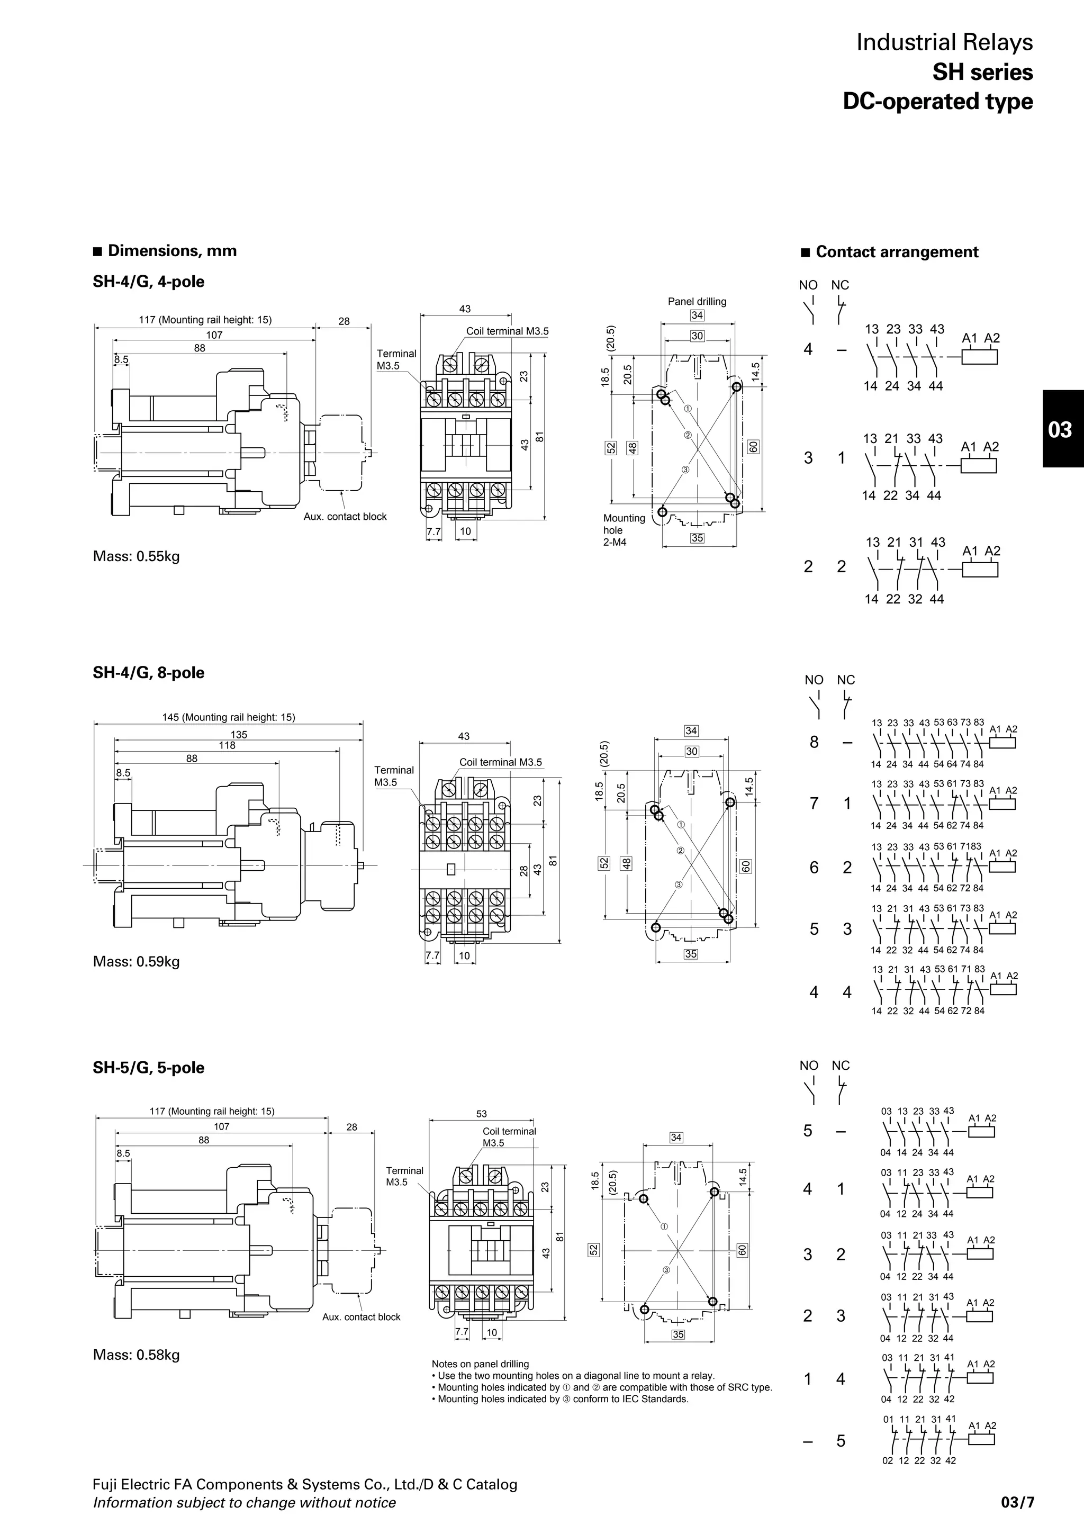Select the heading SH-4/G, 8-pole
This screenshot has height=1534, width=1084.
[148, 673]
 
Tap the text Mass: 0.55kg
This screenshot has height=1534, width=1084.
[136, 556]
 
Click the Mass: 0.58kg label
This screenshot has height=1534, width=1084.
[136, 1355]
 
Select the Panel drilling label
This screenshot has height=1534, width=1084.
[697, 301]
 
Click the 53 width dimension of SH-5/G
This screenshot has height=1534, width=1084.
[482, 1114]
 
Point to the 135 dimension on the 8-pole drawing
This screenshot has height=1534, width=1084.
[238, 734]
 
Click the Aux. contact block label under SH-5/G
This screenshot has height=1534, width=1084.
[362, 1317]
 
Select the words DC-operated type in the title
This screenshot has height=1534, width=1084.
[938, 102]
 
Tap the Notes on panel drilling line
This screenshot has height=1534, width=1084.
[480, 1364]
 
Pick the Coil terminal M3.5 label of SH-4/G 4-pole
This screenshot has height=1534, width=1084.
[507, 331]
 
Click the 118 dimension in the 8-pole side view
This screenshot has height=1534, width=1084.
[227, 745]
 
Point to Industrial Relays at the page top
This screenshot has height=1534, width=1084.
[944, 42]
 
